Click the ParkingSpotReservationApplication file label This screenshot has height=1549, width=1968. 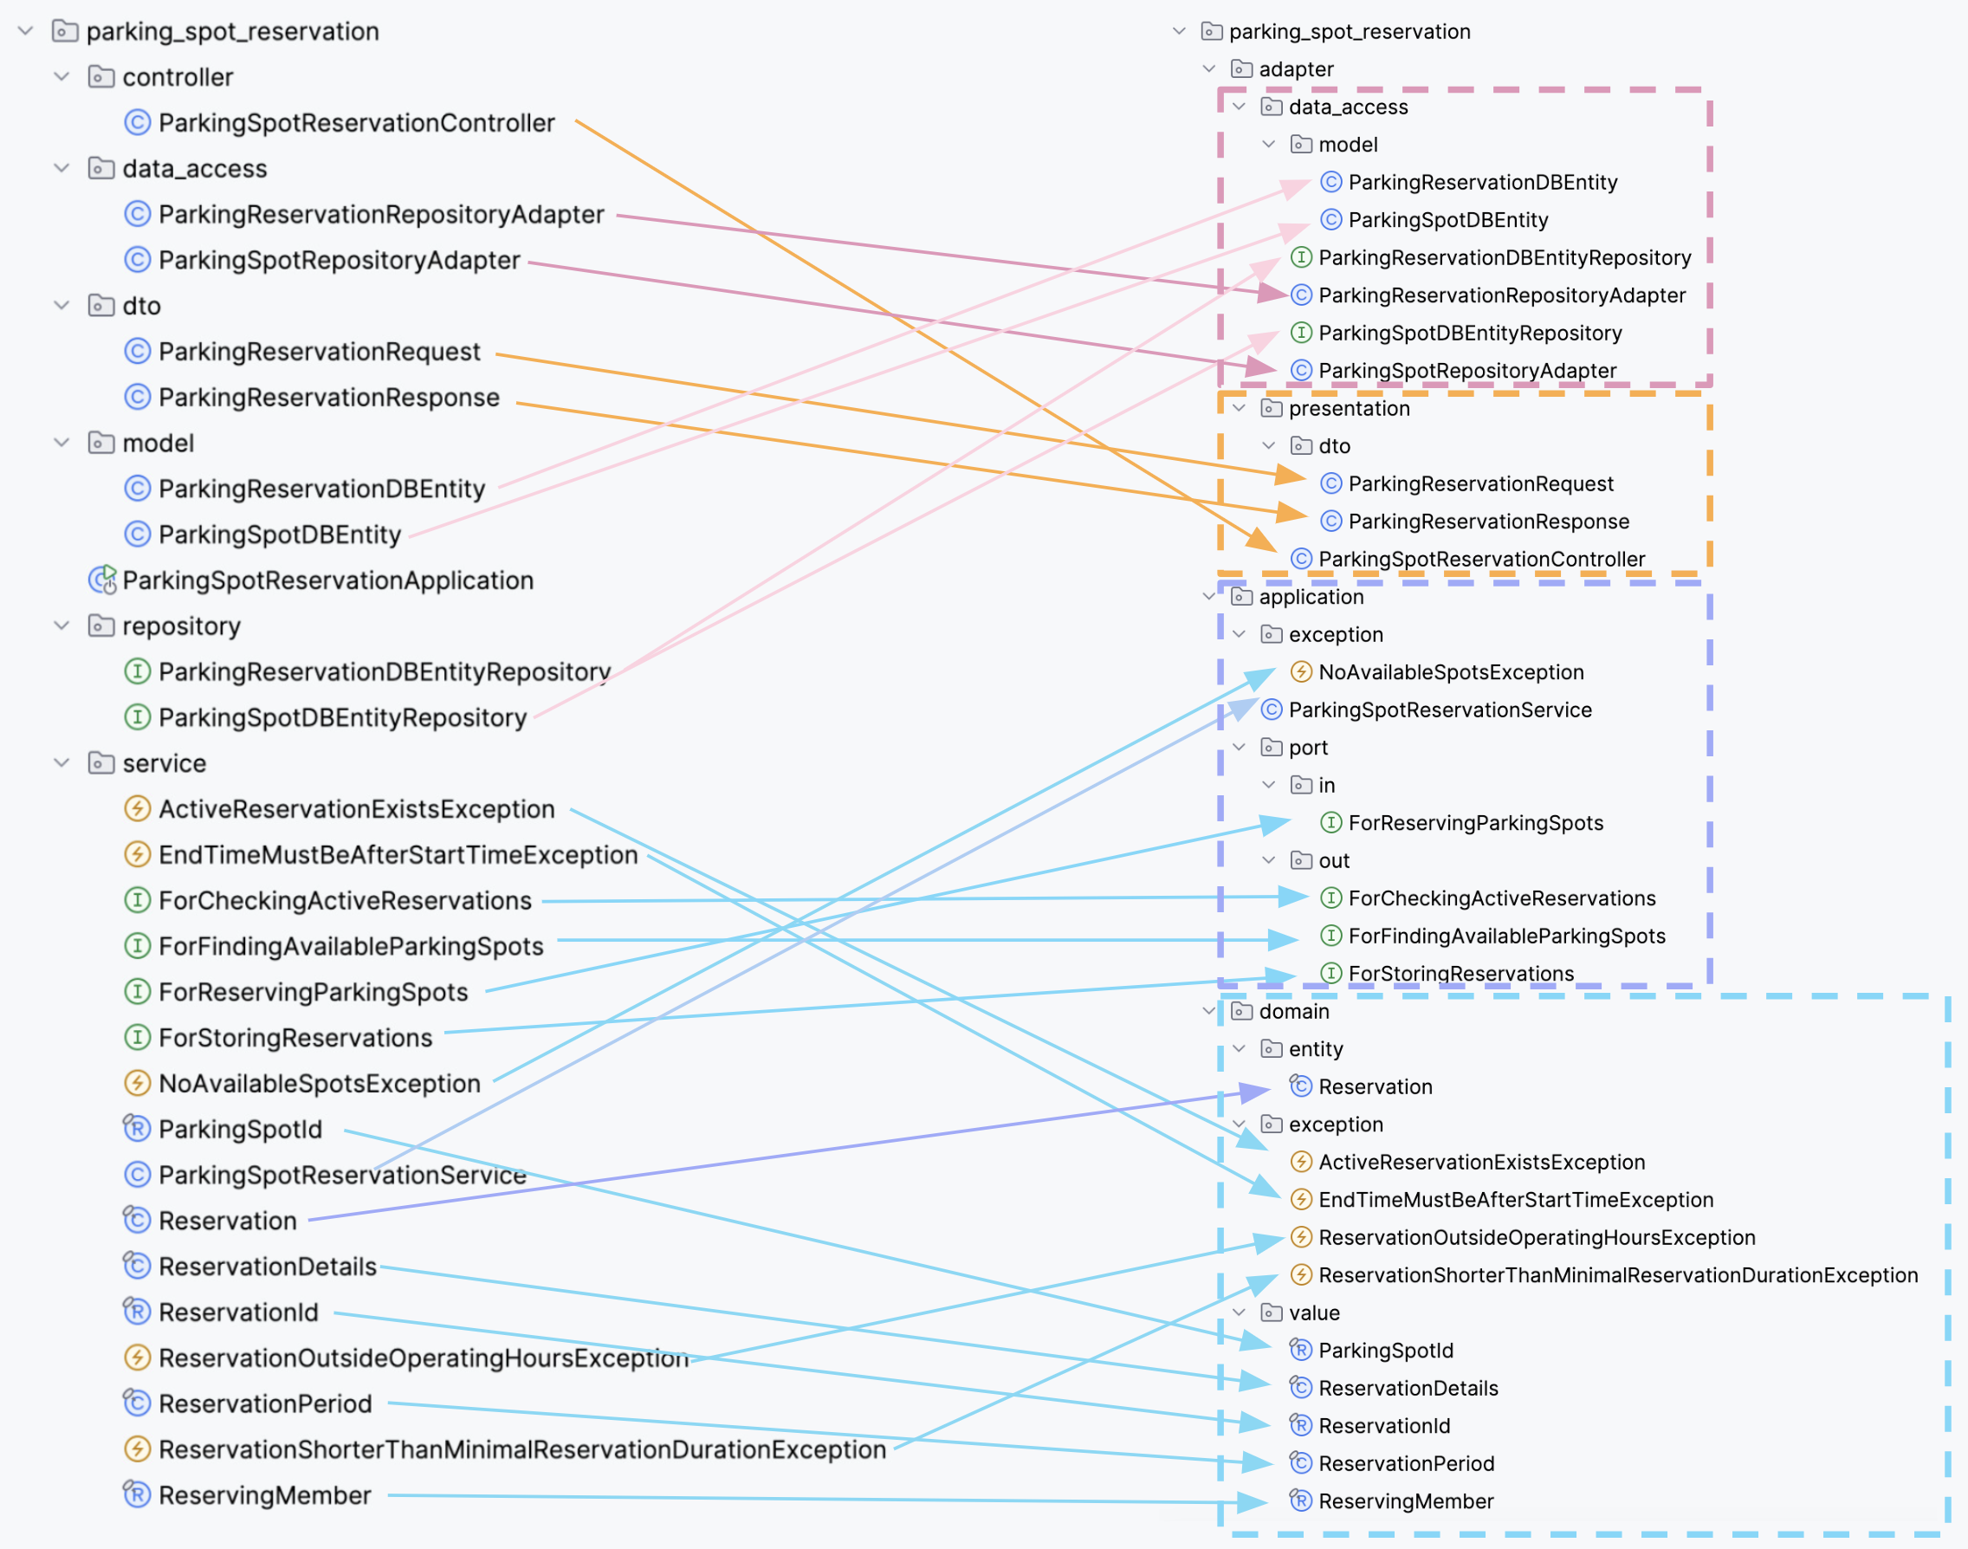tap(327, 580)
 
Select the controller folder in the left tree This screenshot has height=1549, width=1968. tap(177, 77)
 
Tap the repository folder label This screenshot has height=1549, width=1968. tap(181, 625)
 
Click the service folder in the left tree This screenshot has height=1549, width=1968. tap(165, 762)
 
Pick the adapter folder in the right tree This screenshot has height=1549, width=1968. tap(1295, 69)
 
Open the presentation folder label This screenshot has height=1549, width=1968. tap(1349, 408)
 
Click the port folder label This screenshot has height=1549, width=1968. tap(1307, 748)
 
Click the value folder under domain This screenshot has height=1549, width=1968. tap(1313, 1312)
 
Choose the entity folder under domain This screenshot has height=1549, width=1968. tap(1315, 1048)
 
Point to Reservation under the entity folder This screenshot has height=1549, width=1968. tap(1375, 1086)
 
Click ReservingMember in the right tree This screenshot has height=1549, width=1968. tap(1405, 1501)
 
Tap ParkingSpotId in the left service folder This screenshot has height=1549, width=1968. tap(239, 1129)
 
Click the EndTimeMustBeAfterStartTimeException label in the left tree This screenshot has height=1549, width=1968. tap(398, 854)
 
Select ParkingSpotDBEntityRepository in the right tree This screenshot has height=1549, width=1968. tap(1469, 333)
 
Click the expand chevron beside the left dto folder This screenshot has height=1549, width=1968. tap(61, 306)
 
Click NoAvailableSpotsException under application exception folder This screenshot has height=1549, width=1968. tap(1450, 672)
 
